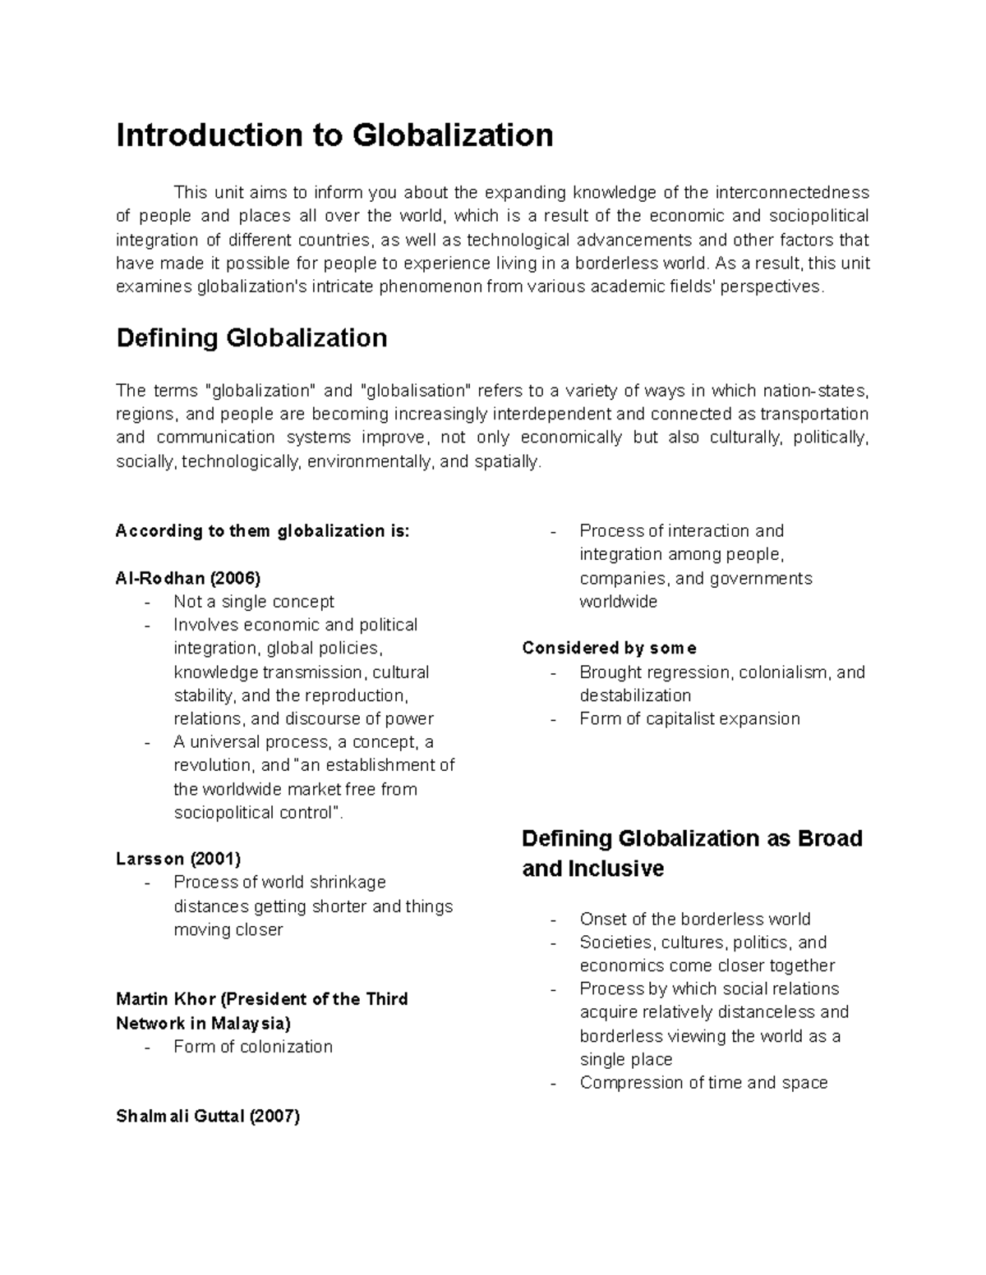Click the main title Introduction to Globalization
[x=334, y=135]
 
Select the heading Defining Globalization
[x=251, y=338]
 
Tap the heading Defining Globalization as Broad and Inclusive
[x=692, y=853]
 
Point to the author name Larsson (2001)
[x=178, y=859]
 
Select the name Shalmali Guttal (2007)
[x=208, y=1117]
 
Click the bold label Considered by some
[x=609, y=649]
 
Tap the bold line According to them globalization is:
[x=262, y=531]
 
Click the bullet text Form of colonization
[x=253, y=1047]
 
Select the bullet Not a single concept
[x=254, y=602]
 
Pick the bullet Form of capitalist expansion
[x=689, y=719]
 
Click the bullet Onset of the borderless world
[x=694, y=919]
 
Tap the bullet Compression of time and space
[x=703, y=1083]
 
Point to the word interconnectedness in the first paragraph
[x=791, y=193]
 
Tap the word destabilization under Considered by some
[x=635, y=695]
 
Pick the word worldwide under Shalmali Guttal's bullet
[x=618, y=602]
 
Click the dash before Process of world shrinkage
[x=147, y=883]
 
